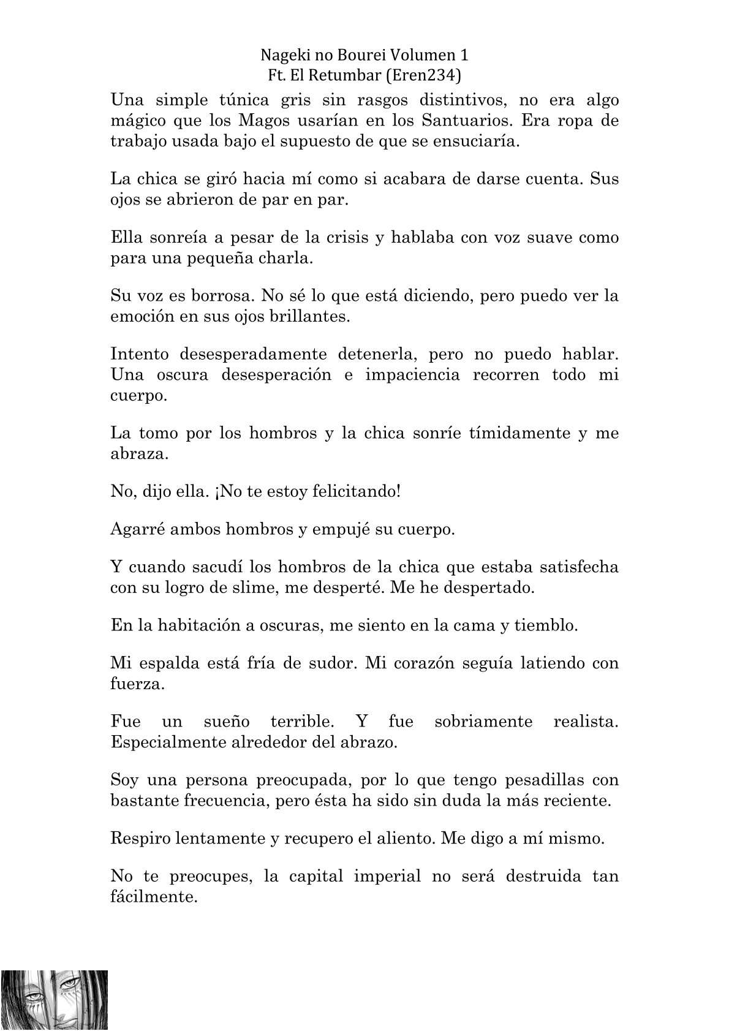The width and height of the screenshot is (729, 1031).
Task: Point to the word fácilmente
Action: pos(154,897)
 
